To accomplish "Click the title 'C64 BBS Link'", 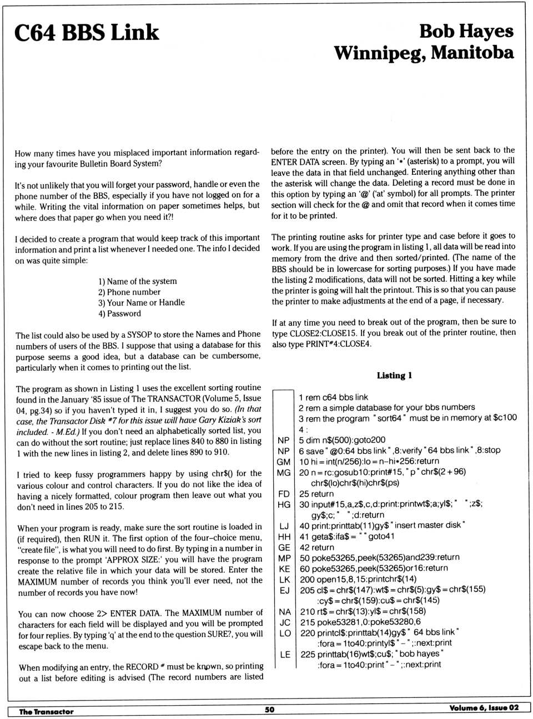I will tap(87, 33).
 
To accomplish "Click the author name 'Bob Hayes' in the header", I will tap(466, 31).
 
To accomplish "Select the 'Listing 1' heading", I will tap(394, 376).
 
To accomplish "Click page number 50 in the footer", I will tap(269, 709).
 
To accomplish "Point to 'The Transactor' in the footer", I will tap(46, 711).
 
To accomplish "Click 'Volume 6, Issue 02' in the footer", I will tap(484, 707).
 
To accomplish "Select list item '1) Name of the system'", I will tap(138, 281).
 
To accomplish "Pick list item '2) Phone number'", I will tap(129, 292).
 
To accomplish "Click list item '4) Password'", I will tap(119, 313).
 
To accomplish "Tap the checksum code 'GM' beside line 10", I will tap(284, 461).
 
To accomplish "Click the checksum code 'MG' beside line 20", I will tap(284, 472).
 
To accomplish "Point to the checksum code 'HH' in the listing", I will tap(284, 536).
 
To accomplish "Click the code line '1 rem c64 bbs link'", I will tap(333, 397).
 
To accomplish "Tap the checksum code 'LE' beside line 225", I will tap(284, 654).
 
